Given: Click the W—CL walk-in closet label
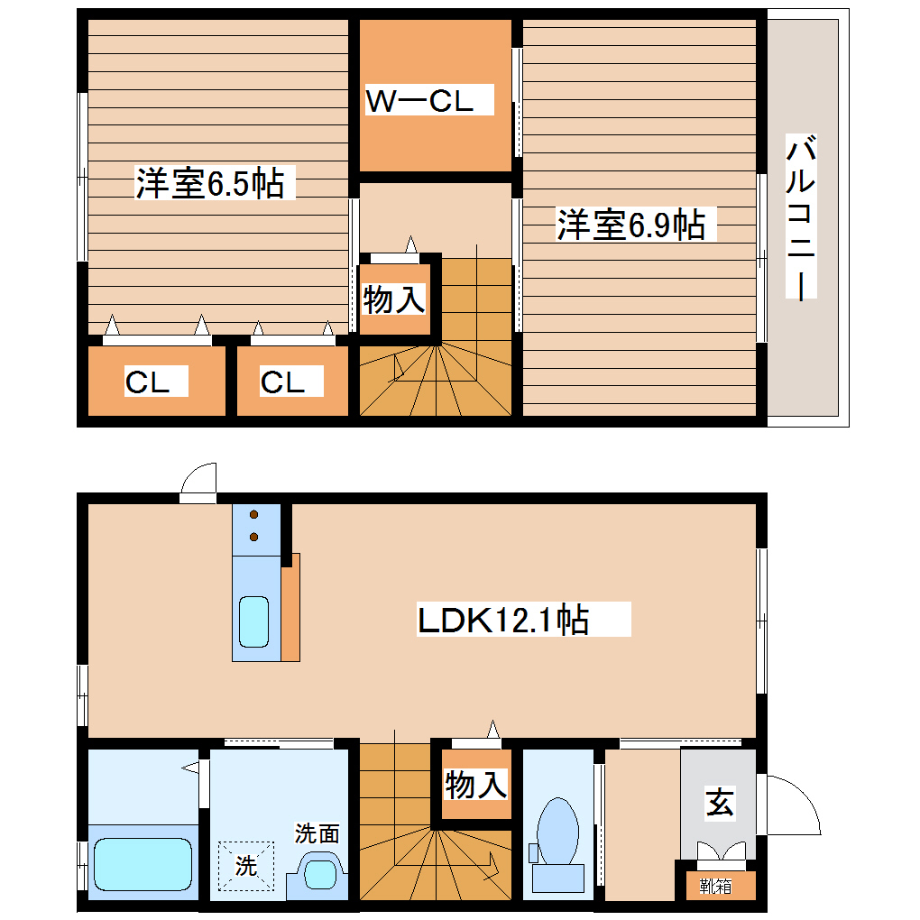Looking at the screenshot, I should coord(420,100).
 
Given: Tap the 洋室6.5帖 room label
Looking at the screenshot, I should coord(210,183).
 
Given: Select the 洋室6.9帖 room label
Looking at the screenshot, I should coord(630,224).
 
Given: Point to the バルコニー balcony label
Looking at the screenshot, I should coord(801,217).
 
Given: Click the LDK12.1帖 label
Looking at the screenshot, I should coord(503,620).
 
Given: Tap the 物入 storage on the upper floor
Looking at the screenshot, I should coord(394,299).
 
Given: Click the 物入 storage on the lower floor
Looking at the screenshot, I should coord(475,785).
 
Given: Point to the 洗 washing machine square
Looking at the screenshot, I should coord(246,865).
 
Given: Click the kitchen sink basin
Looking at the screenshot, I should coord(253,621).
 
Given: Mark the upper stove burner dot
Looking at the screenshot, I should coord(253,516).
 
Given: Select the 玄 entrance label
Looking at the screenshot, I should coord(719,801).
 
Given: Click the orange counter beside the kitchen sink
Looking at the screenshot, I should coord(290,609).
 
